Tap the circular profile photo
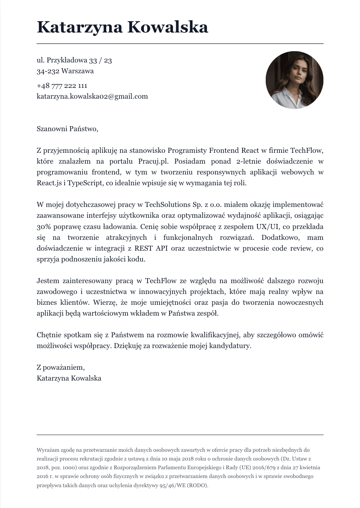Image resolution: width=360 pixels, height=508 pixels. (294, 80)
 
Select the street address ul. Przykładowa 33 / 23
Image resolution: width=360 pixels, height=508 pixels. (74, 60)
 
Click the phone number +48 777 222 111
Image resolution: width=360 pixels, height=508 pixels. (62, 86)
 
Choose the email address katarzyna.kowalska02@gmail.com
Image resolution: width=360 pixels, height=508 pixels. (92, 96)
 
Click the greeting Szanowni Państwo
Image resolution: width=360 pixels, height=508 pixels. (67, 129)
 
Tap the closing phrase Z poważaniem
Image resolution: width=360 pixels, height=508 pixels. (61, 368)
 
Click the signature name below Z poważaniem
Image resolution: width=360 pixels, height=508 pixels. (69, 379)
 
